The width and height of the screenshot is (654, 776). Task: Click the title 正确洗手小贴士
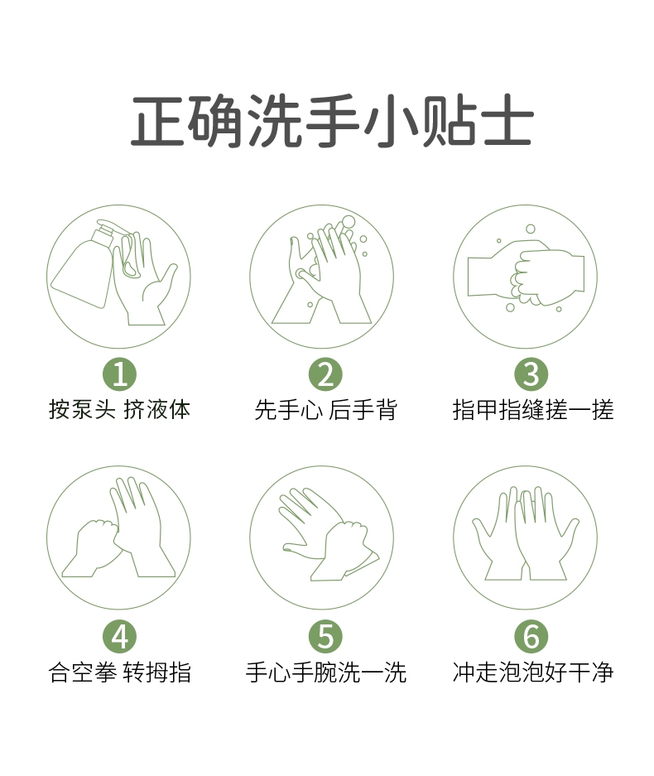[332, 120]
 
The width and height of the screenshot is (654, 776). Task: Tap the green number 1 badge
[119, 374]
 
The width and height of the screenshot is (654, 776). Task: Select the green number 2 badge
[325, 374]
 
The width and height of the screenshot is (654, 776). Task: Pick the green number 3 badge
[531, 374]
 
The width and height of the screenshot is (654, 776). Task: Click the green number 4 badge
[119, 636]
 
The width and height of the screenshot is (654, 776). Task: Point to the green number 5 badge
[325, 636]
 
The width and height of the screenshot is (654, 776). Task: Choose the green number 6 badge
[531, 636]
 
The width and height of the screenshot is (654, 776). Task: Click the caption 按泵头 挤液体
[119, 410]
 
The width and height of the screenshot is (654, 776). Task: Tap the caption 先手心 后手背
[325, 410]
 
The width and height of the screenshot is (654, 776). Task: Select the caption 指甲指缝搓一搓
[533, 410]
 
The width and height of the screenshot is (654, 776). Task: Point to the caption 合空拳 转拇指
[119, 672]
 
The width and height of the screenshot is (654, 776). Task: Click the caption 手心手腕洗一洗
[326, 672]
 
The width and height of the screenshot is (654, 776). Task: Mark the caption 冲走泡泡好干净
[533, 672]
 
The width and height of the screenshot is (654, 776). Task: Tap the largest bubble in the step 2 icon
[349, 222]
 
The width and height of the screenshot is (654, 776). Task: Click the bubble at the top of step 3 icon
[531, 229]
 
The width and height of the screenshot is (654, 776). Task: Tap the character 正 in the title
[156, 120]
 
